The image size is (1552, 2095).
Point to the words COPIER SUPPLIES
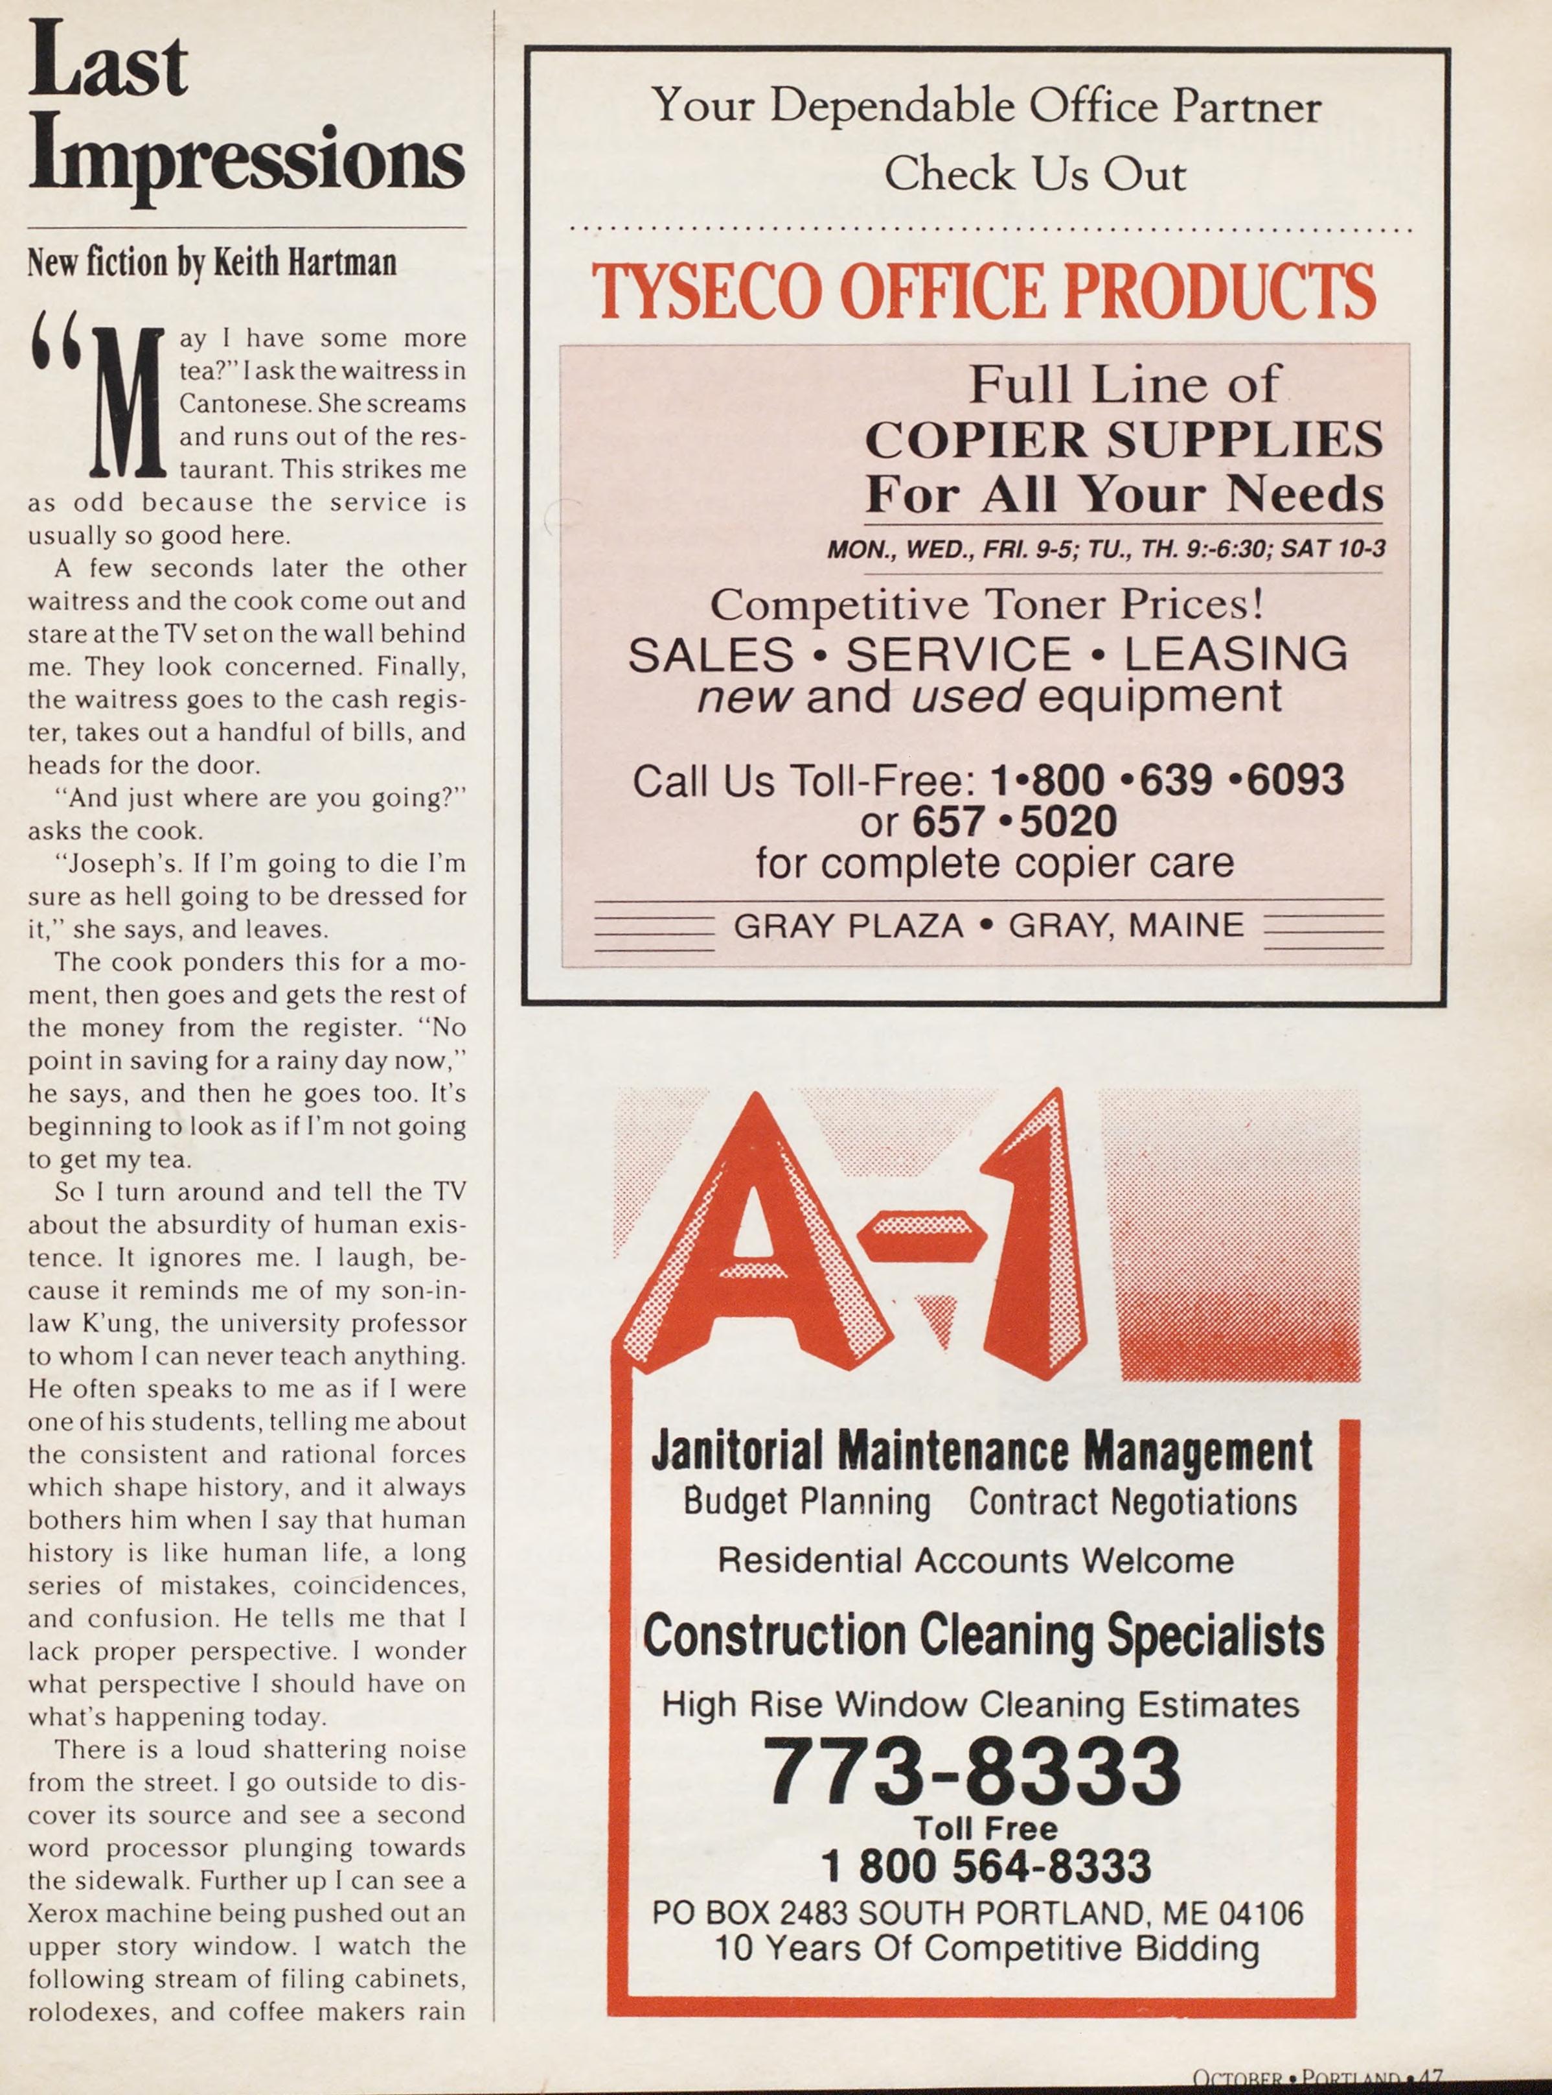tap(1124, 439)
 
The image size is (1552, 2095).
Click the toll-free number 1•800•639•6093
tap(1167, 780)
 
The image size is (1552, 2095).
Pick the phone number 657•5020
tap(1014, 821)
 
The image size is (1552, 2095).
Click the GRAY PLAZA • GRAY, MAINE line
tap(988, 926)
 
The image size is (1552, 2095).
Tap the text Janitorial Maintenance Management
tap(982, 1451)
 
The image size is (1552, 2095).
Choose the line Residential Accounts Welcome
tap(975, 1561)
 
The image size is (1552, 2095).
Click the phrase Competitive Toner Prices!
tap(987, 604)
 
